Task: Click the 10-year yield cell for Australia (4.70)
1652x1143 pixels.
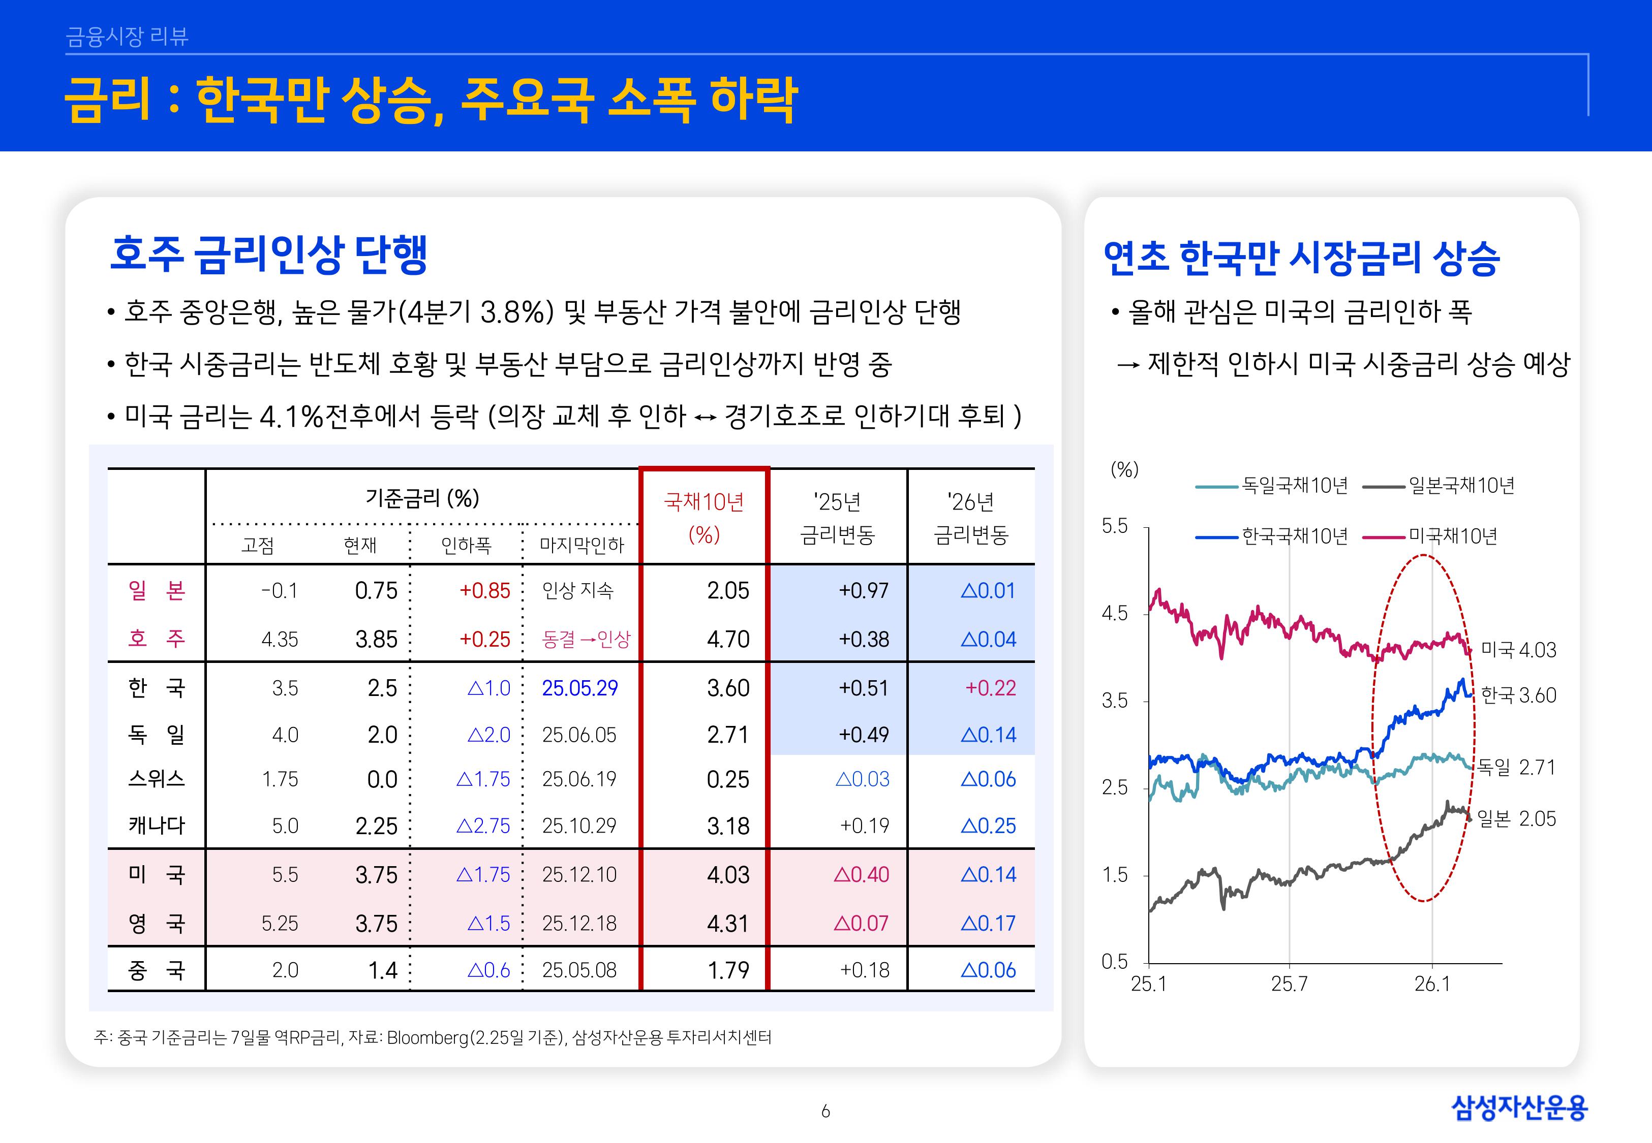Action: [727, 639]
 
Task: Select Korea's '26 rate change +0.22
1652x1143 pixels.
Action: [990, 688]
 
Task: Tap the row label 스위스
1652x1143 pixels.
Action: [156, 779]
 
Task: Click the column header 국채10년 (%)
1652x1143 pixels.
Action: [703, 518]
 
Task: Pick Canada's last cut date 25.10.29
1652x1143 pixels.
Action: [579, 825]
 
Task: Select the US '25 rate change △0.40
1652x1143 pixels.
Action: [861, 874]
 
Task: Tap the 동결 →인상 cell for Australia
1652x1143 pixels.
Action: [586, 639]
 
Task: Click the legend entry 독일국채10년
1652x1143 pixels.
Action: [1294, 486]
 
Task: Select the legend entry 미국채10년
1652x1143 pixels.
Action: [1452, 536]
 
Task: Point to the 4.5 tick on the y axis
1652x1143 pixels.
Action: [1115, 614]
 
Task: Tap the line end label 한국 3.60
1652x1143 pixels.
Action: [1518, 695]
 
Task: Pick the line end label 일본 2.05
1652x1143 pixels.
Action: [1516, 818]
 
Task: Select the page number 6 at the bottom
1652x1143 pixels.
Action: [825, 1111]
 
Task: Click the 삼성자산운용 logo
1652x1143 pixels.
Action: [1519, 1107]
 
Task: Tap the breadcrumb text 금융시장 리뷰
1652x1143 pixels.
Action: [127, 37]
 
